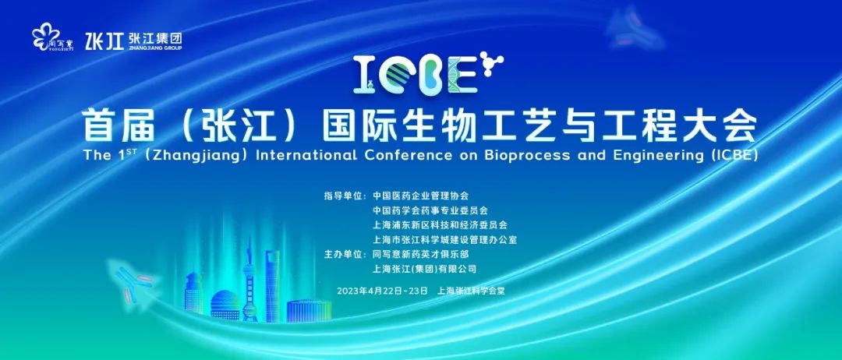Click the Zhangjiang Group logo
pos(134,41)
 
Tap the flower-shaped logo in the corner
pos(46,38)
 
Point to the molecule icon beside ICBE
pos(491,61)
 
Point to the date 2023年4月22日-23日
pos(382,291)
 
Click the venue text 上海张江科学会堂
pos(472,291)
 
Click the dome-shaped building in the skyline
pos(225,305)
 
